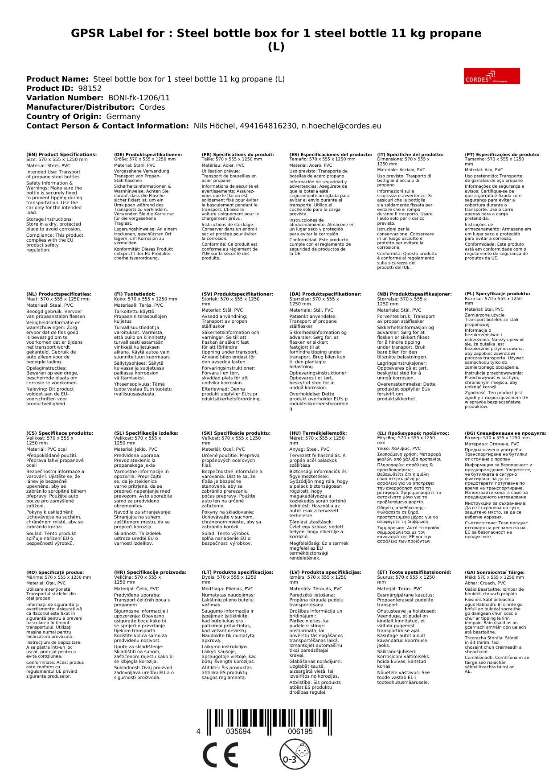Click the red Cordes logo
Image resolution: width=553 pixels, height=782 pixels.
click(492, 76)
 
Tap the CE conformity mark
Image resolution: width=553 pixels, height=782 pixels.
click(220, 755)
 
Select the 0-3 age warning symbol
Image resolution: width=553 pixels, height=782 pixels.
click(295, 754)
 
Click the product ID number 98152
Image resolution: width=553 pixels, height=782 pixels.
click(90, 88)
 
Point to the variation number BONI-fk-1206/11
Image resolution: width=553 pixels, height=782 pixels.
click(139, 98)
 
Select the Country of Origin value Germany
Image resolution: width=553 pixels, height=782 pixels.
click(123, 116)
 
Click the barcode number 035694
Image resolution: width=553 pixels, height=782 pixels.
click(238, 731)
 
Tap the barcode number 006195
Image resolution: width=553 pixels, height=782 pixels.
click(300, 731)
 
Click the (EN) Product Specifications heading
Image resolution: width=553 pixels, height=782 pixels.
click(61, 154)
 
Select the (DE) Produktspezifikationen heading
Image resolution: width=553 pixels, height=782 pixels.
click(148, 154)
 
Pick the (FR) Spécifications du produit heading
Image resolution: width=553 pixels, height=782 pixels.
click(238, 154)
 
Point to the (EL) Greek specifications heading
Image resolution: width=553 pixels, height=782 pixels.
click(413, 433)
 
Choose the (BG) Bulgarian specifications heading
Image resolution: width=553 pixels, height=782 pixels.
click(505, 433)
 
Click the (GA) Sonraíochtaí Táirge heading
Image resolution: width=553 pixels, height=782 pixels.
click(495, 572)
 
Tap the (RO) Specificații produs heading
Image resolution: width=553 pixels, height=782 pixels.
click(55, 572)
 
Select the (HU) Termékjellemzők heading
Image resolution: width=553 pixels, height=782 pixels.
click(318, 433)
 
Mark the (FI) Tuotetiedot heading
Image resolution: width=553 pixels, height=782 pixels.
click(135, 294)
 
